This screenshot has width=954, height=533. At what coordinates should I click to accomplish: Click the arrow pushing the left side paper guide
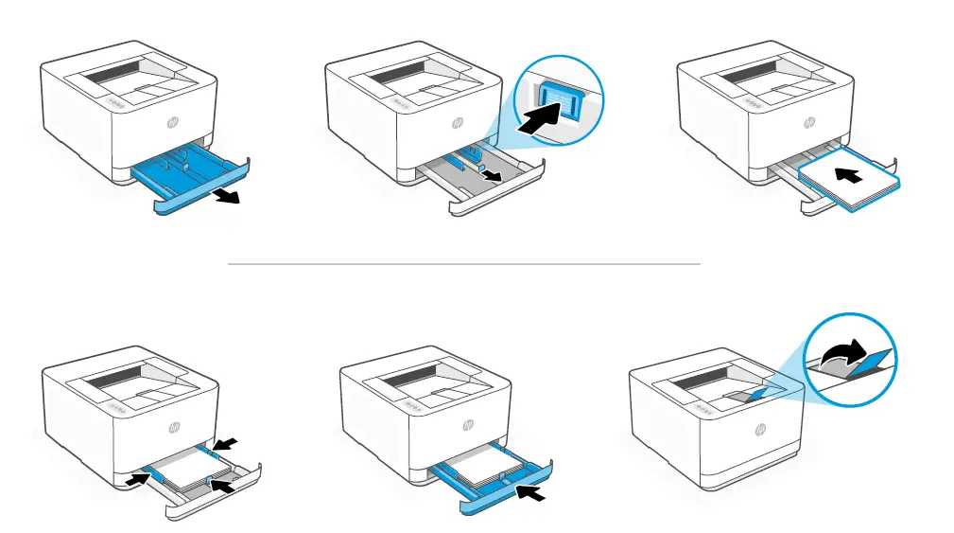click(x=136, y=479)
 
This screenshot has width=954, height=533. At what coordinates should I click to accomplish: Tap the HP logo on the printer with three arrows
click(x=173, y=426)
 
